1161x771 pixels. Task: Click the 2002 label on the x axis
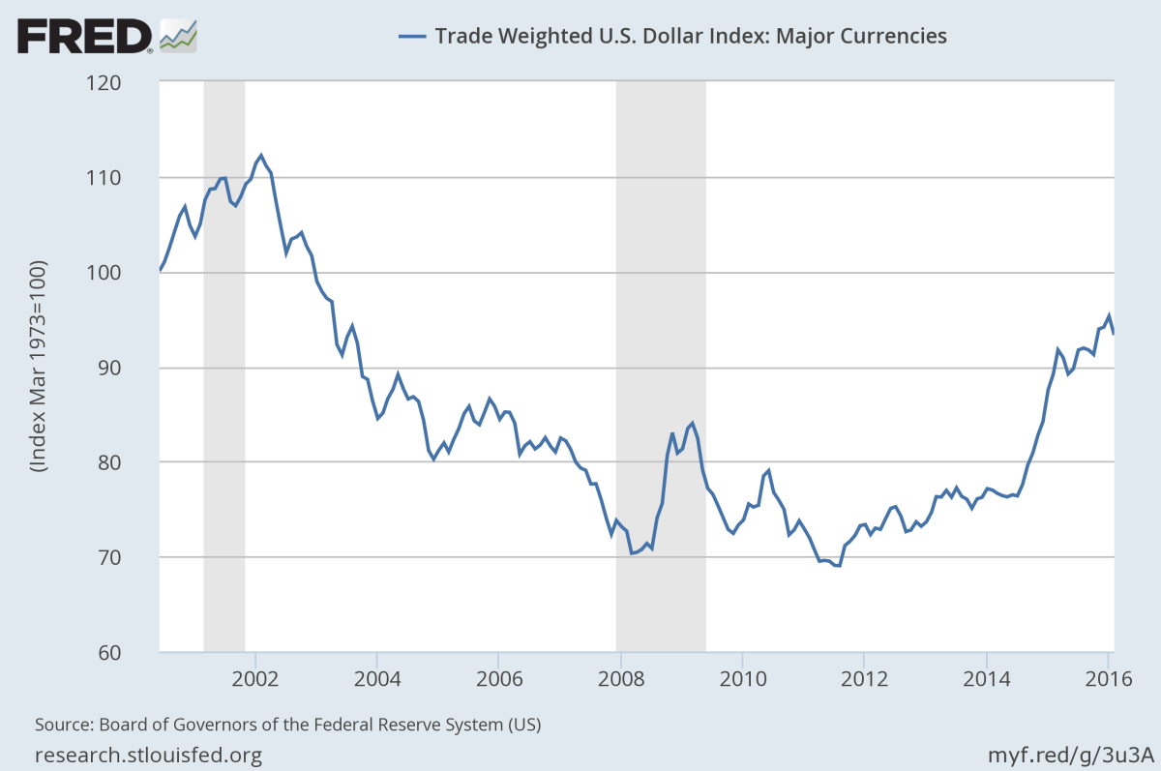click(x=255, y=676)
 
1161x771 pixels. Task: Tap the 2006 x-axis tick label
click(x=497, y=676)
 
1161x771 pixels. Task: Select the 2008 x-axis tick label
click(x=620, y=676)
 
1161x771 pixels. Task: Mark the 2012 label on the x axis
click(x=864, y=676)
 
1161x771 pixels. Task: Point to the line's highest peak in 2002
click(x=261, y=155)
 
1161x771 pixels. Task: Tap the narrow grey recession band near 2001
click(x=223, y=368)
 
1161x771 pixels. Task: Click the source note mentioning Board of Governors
click(x=287, y=724)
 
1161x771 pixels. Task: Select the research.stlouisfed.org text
click(x=148, y=755)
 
